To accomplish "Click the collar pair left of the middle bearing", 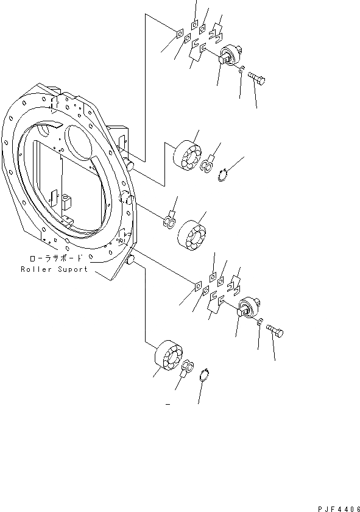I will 169,221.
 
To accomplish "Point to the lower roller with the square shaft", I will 249,306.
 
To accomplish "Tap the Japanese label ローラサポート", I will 55,258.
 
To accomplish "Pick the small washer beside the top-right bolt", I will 242,72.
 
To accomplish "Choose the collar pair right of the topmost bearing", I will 207,164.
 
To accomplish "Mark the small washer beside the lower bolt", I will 260,322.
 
